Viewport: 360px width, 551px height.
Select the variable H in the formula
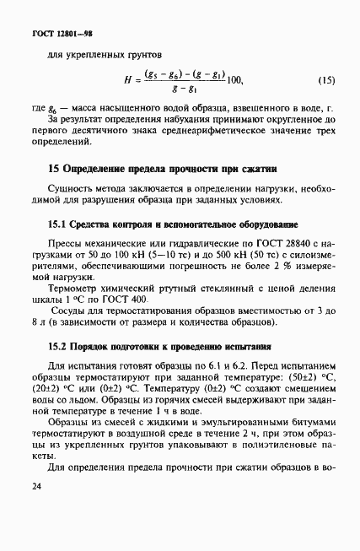[x=126, y=81]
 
